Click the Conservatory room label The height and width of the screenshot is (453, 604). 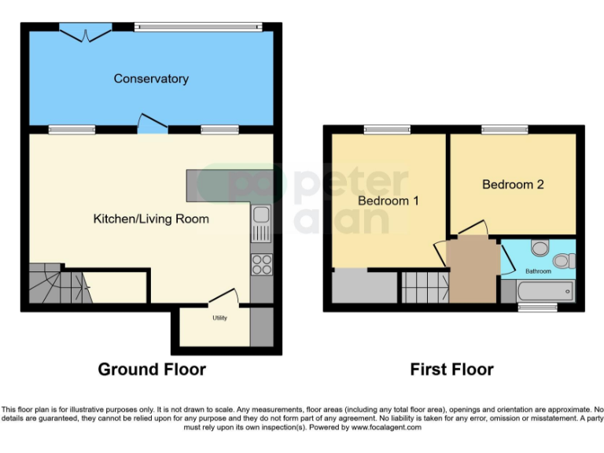[151, 79]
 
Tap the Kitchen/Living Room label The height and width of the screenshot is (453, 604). [151, 219]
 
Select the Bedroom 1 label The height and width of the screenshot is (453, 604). [389, 201]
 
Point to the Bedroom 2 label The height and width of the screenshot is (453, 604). [513, 185]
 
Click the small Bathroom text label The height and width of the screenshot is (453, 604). [539, 271]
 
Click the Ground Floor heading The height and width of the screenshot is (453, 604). [152, 369]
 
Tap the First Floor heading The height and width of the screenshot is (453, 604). [451, 369]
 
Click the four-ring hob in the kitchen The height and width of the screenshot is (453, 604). [261, 265]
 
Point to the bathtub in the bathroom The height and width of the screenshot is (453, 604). [547, 292]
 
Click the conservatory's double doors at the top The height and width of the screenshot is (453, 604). [85, 33]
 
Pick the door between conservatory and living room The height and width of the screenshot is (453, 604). [153, 123]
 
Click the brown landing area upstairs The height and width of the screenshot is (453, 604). [473, 271]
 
